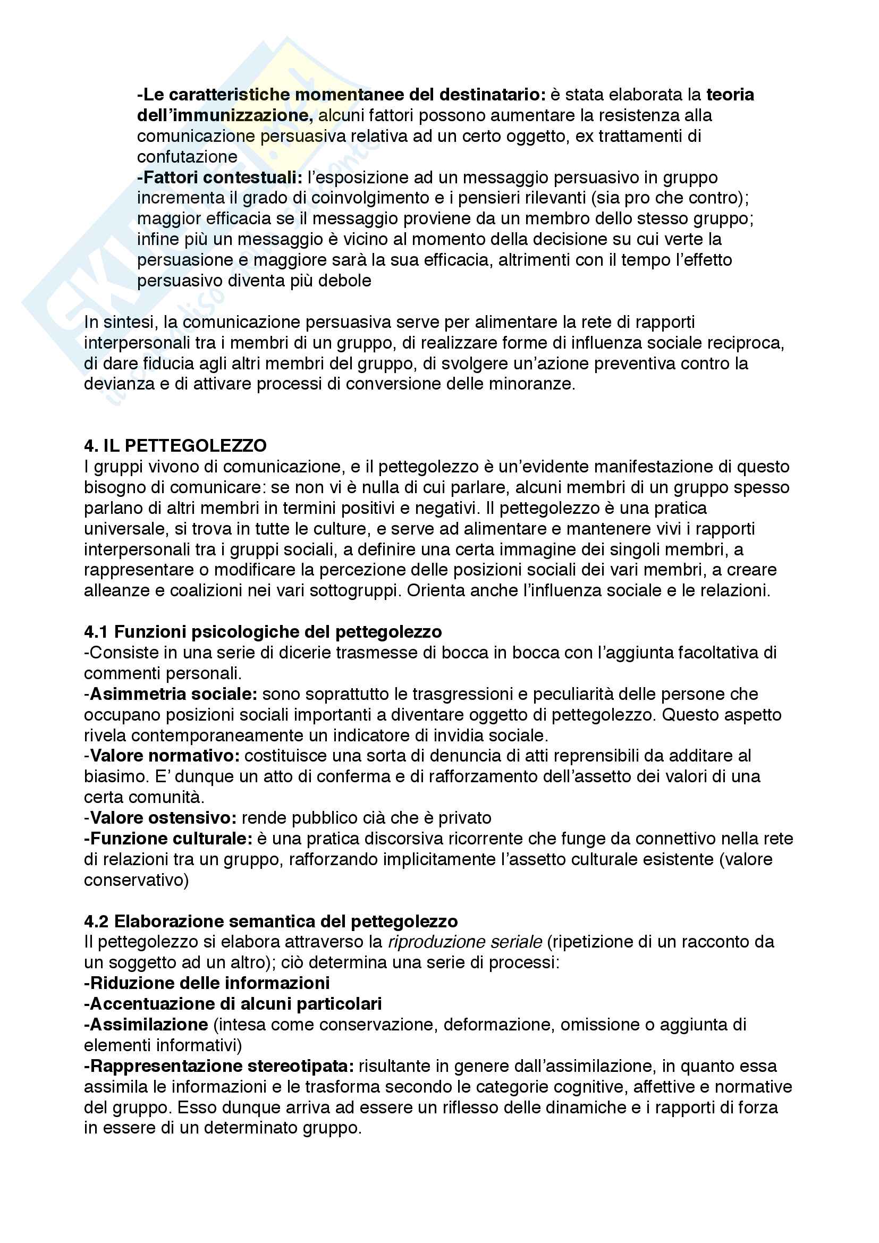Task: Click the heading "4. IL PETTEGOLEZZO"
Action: [x=175, y=445]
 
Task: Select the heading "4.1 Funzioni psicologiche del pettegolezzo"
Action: [x=263, y=631]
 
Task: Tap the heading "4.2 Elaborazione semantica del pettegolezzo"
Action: [x=271, y=921]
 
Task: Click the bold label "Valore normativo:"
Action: [x=165, y=755]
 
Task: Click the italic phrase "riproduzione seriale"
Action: [x=465, y=942]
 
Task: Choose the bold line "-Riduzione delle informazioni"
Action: [x=207, y=983]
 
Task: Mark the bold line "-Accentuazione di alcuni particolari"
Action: [x=233, y=1003]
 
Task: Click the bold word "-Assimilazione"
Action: [x=146, y=1024]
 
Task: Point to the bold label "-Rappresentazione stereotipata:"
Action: [x=219, y=1066]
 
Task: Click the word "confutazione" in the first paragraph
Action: [x=187, y=157]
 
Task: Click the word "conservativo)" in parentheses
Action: [x=137, y=880]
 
